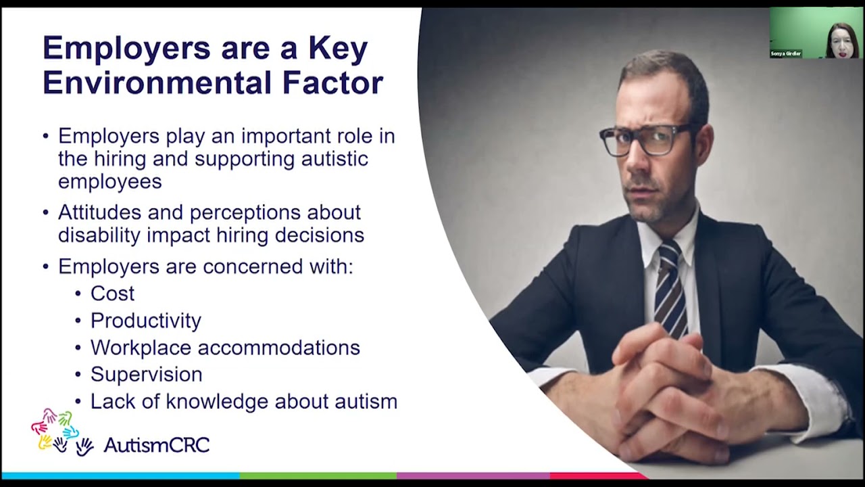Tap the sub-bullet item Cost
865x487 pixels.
[112, 294]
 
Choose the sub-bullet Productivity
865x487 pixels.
[145, 321]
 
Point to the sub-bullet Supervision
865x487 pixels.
[146, 375]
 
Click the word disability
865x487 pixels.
[99, 235]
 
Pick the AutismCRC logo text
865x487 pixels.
[156, 445]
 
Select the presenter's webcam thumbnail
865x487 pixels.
[816, 32]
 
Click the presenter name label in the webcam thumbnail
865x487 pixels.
[786, 53]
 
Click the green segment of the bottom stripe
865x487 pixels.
[318, 476]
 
